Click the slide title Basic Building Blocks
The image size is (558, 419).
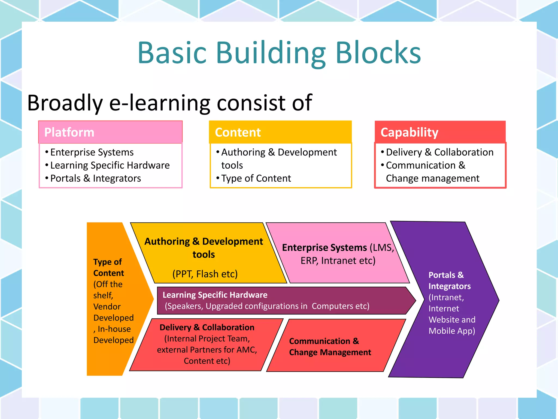[279, 52]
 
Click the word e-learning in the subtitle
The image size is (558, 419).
[159, 103]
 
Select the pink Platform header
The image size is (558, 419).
[110, 132]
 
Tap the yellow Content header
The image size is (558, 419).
[280, 132]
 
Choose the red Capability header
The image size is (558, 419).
[440, 132]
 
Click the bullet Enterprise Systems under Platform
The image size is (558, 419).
[92, 152]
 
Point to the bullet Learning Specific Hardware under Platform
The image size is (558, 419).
[110, 165]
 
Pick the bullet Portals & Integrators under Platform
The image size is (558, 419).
[95, 178]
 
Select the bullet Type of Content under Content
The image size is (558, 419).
[256, 178]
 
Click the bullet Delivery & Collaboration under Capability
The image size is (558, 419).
[439, 152]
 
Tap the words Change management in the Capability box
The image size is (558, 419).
[432, 178]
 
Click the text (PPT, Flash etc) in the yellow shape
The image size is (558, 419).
[205, 274]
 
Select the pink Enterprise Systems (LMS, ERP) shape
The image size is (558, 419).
[338, 254]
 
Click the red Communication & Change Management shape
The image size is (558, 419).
[330, 346]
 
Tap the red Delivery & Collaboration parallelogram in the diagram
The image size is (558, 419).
[207, 344]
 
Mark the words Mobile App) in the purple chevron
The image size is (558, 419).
[452, 331]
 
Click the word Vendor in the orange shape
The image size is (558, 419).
[107, 307]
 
